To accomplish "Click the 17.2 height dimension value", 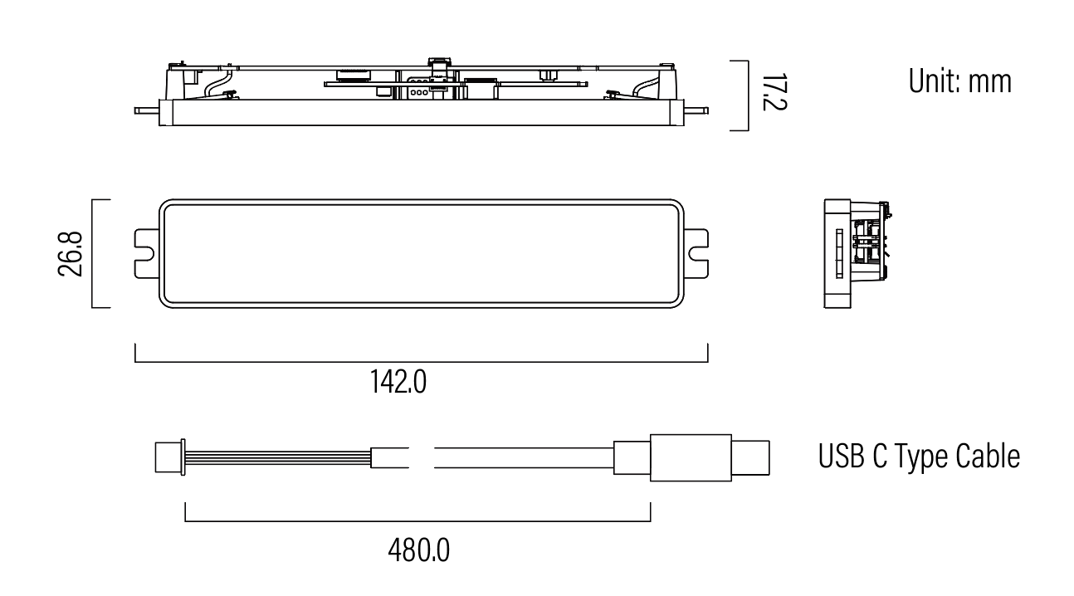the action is coord(774,92).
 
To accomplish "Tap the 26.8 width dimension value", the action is coord(70,254).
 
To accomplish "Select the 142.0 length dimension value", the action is coord(398,382).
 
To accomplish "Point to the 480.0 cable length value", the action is coord(418,550).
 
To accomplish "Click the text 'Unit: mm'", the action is coord(960,81).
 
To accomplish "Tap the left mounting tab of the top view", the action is coord(147,254).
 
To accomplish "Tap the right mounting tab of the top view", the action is coord(696,254).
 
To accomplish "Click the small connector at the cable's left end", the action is coord(169,457).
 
